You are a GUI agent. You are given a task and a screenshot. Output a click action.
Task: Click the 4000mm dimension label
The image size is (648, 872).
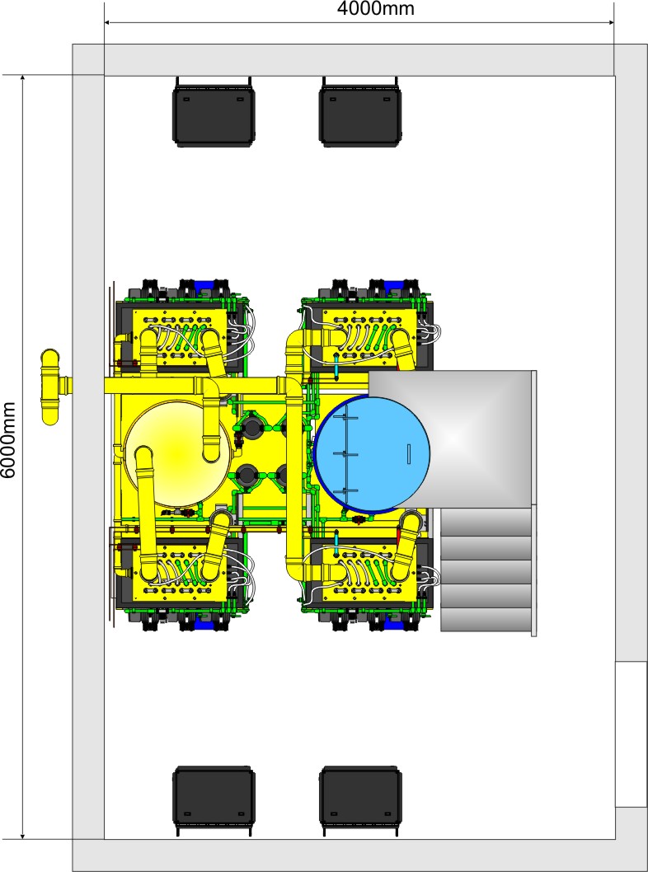coord(375,8)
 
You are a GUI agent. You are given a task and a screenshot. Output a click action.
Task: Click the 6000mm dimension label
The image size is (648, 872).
coord(8,440)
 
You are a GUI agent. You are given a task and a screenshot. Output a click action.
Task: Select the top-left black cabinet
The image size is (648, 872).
coord(214,112)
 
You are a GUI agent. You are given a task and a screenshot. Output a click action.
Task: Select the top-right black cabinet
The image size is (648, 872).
coord(360,112)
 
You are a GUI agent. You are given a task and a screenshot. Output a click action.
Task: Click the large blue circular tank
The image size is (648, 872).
coord(372,454)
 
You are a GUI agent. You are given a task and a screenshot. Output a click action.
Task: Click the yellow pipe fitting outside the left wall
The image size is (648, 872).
coord(54,387)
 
